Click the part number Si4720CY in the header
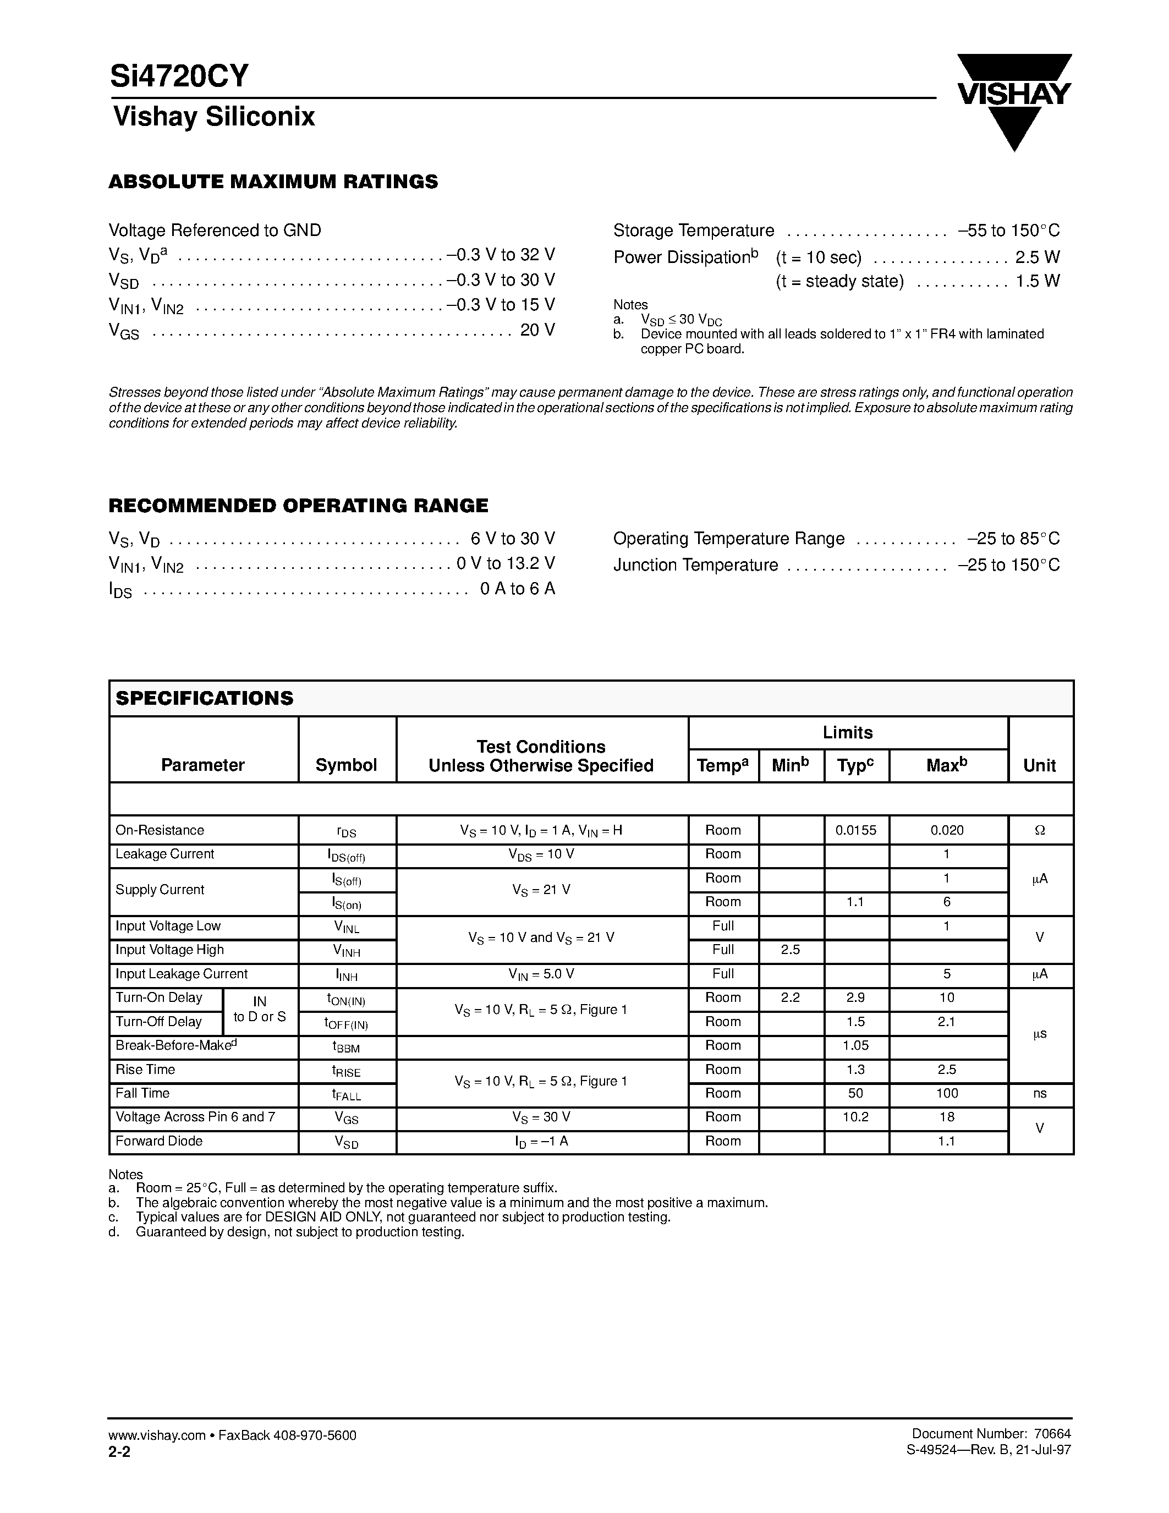(x=179, y=76)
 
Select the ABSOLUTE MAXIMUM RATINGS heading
(x=273, y=182)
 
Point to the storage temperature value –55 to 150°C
(x=1008, y=231)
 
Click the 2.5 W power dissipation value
(x=1037, y=257)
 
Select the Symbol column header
(x=346, y=765)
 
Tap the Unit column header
(x=1040, y=765)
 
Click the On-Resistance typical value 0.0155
(x=856, y=830)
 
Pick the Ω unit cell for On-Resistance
(x=1040, y=830)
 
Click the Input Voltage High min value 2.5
(x=790, y=950)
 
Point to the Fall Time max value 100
(x=947, y=1093)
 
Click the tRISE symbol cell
(x=346, y=1071)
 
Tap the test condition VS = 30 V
(x=541, y=1117)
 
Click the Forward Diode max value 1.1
(x=947, y=1141)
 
